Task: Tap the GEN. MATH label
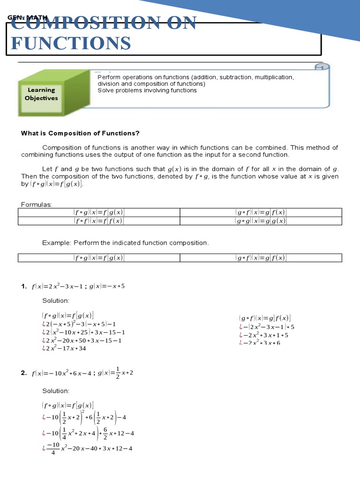tap(28, 18)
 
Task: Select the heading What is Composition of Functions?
tap(80, 133)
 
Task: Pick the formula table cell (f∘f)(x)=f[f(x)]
tap(99, 221)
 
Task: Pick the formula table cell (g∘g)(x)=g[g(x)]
tap(261, 221)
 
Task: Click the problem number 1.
tap(24, 286)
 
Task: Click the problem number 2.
tap(24, 373)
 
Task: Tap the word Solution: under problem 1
tap(56, 300)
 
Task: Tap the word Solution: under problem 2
tap(56, 390)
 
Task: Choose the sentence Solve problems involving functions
tap(147, 90)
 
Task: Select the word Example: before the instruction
tap(55, 243)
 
